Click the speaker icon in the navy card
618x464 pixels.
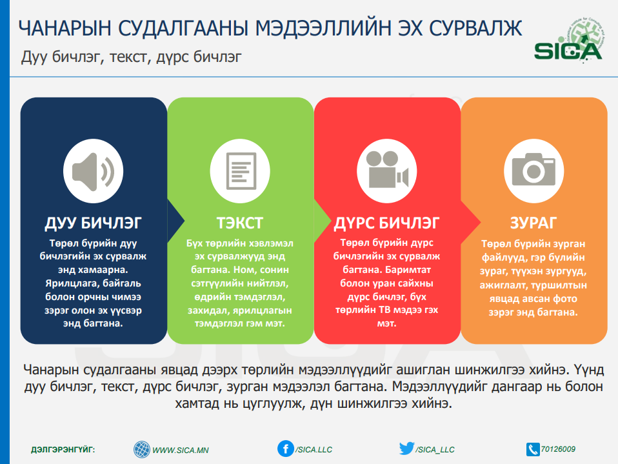93,171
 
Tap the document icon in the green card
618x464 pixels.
241,171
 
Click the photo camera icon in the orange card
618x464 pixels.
533,169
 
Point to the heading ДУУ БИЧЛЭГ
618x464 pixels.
93,223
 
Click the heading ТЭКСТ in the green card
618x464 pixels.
239,223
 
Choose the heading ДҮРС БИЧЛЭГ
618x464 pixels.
386,223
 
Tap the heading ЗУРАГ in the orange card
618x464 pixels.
533,223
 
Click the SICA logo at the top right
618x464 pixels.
568,41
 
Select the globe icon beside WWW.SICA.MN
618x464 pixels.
142,449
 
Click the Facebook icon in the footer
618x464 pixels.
285,449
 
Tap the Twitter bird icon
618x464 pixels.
406,449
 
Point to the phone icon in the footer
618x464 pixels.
532,449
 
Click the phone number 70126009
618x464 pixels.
558,449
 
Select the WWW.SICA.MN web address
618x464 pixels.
181,450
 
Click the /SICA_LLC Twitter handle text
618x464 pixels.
435,450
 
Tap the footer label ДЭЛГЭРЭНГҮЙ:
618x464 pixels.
63,450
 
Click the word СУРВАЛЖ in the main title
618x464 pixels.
475,28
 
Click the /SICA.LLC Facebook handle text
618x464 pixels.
314,450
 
